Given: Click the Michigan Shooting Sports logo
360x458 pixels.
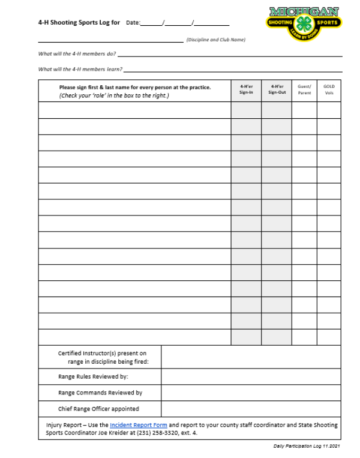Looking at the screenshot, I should pos(304,21).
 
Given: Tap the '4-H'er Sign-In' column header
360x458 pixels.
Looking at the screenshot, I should pos(246,89).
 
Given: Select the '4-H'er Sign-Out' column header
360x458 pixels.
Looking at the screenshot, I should pos(277,89).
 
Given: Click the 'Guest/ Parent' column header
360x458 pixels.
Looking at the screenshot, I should pos(304,89).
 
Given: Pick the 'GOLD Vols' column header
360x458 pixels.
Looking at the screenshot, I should pos(329,89).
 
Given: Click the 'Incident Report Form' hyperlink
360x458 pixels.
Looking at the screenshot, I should pos(138,425).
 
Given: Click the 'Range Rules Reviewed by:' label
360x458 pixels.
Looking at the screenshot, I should pos(93,377).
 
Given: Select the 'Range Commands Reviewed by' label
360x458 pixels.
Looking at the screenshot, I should pos(100,393).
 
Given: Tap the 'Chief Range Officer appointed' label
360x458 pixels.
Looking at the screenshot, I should pos(98,409).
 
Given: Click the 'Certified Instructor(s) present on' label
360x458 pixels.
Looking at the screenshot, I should pos(102,354).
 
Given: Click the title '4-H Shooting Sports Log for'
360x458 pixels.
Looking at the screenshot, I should pos(79,23).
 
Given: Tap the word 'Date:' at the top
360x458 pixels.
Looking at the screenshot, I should pos(133,23).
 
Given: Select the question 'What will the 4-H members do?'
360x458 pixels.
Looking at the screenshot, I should pos(77,53).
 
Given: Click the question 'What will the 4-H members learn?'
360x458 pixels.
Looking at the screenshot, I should pos(79,69).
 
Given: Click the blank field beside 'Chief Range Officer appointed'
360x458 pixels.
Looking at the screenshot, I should pos(251,409).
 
